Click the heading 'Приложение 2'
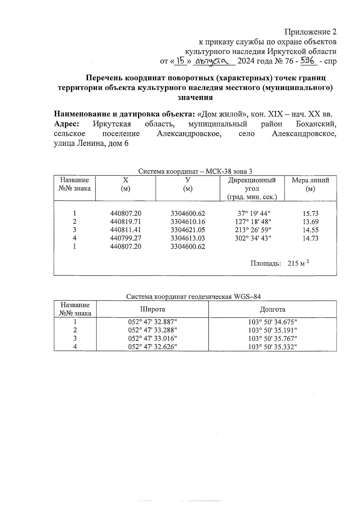310,32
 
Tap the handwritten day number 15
181,61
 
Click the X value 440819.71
126,222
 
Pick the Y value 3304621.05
188,230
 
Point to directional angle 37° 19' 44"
254,214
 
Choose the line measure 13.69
310,222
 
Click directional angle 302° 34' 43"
254,238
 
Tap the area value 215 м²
298,264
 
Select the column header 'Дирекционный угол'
252,184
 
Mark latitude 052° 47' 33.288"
152,330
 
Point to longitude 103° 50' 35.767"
272,339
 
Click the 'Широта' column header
152,309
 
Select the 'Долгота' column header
272,309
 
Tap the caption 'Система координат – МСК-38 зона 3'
195,172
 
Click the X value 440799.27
126,238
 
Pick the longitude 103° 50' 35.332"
272,347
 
